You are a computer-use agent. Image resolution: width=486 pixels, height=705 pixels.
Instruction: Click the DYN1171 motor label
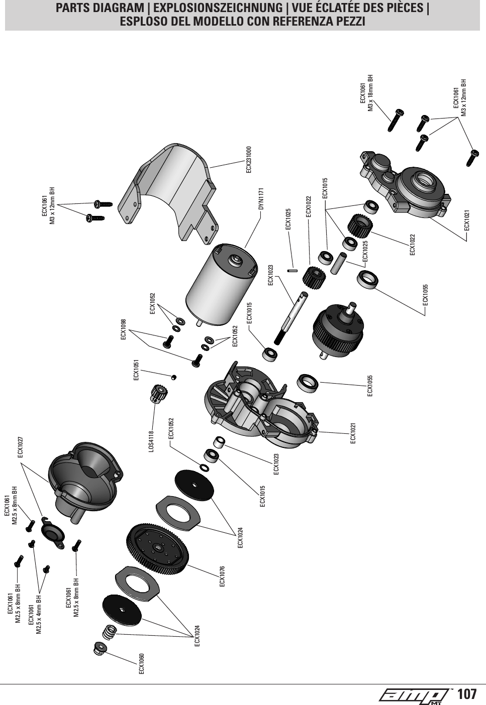pos(261,199)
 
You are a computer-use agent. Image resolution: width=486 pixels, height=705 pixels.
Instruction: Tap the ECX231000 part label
pos(248,160)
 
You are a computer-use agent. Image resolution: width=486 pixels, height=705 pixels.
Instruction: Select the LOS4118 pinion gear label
pos(151,440)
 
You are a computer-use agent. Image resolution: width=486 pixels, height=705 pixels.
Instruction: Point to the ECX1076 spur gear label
pos(222,576)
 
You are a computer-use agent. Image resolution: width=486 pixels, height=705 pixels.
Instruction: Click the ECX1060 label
pos(141,664)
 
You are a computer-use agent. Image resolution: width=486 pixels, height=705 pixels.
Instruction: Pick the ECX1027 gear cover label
pos(21,447)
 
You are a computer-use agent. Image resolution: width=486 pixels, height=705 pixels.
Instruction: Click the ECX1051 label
pos(136,370)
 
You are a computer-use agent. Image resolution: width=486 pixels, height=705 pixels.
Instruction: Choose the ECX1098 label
pos(123,329)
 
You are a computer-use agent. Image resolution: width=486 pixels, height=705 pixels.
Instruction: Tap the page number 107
pos(467,694)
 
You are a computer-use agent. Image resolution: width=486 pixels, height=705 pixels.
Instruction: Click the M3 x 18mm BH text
pos(370,93)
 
